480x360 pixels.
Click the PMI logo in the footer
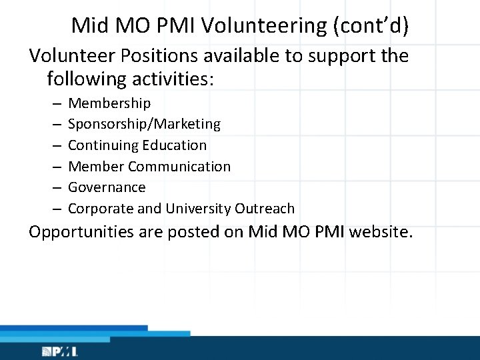pyautogui.click(x=59, y=351)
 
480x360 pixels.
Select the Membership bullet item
pyautogui.click(x=109, y=103)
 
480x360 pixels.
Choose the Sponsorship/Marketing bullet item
pyautogui.click(x=144, y=124)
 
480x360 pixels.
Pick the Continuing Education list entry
pyautogui.click(x=137, y=145)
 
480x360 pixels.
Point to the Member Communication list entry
pyautogui.click(x=149, y=166)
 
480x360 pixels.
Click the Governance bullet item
pyautogui.click(x=107, y=187)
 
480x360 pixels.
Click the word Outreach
pyautogui.click(x=265, y=209)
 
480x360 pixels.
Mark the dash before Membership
pyautogui.click(x=55, y=104)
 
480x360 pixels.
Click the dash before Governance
pyautogui.click(x=55, y=188)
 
